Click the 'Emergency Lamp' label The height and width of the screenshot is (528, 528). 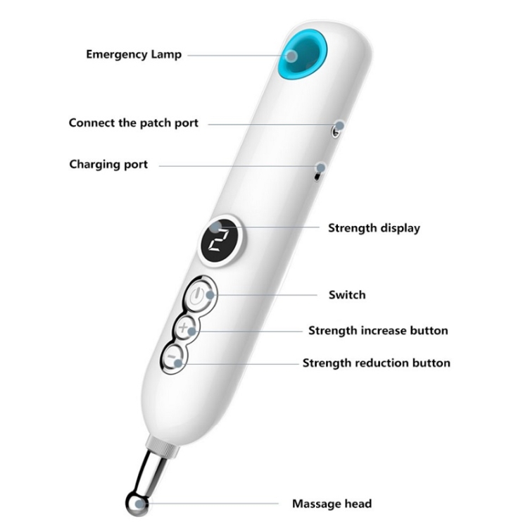(x=134, y=54)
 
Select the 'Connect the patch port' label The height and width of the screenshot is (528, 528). (x=134, y=122)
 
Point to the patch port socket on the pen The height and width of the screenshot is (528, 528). (x=339, y=127)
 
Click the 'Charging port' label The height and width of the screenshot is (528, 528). (x=108, y=164)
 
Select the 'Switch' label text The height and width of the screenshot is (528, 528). (x=347, y=294)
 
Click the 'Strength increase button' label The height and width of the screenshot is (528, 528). (x=378, y=330)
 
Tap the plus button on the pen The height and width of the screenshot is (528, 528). (x=186, y=328)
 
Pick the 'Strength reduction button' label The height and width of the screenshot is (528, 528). (x=377, y=363)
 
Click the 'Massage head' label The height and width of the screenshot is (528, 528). (x=332, y=503)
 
